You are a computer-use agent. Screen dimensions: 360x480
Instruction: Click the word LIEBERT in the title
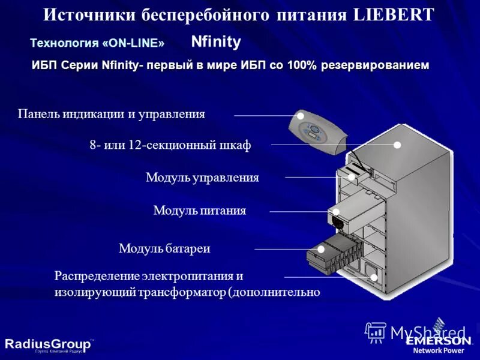click(394, 15)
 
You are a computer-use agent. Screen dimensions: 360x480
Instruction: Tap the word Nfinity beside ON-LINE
click(215, 42)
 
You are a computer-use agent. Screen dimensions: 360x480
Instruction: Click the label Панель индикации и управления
click(112, 114)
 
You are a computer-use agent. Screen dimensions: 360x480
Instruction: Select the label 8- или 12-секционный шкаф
click(170, 145)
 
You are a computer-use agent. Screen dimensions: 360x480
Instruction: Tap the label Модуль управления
click(202, 178)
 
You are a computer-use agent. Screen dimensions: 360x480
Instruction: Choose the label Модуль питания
click(200, 211)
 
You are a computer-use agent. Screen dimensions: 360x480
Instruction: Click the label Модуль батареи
click(164, 248)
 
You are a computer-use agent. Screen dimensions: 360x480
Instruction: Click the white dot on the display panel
click(301, 116)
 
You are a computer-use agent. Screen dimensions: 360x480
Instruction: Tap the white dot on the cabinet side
click(397, 145)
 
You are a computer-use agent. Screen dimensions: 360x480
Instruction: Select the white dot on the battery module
click(321, 249)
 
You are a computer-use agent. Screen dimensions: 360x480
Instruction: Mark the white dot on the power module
click(337, 212)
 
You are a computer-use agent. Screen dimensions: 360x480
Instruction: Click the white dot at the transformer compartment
click(374, 277)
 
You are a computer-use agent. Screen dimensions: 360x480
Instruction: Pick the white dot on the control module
click(351, 177)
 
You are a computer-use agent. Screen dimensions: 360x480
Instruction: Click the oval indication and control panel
click(317, 132)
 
